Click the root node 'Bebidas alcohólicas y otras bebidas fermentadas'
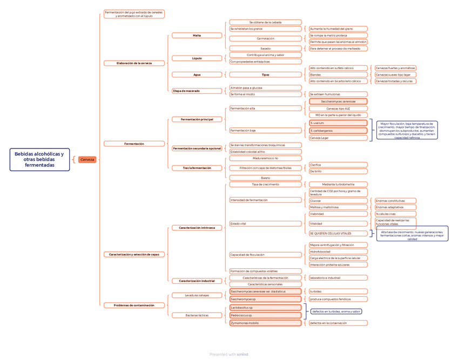click(39, 160)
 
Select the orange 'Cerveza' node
click(87, 160)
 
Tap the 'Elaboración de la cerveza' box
click(134, 63)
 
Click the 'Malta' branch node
click(197, 36)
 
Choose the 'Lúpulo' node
click(197, 58)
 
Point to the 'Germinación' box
click(265, 39)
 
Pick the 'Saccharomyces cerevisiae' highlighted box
click(338, 101)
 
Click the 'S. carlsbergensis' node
click(338, 131)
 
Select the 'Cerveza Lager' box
click(338, 138)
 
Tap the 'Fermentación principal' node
click(197, 119)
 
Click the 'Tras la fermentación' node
click(197, 168)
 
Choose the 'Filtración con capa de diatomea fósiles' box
click(265, 168)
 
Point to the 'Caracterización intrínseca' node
click(197, 228)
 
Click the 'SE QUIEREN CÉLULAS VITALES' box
click(338, 233)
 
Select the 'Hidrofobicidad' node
click(338, 252)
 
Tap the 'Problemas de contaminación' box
click(134, 305)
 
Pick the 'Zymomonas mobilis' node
click(265, 323)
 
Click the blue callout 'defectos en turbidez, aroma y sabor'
click(336, 311)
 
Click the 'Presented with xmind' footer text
click(229, 355)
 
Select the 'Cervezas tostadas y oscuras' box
click(395, 81)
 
